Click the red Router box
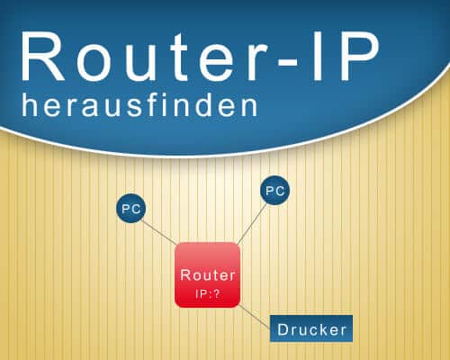click(207, 274)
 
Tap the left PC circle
click(131, 208)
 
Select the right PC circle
click(274, 191)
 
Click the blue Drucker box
click(311, 328)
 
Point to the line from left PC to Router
click(159, 233)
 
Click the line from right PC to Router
click(252, 224)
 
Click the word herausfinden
click(139, 105)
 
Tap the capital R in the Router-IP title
click(42, 56)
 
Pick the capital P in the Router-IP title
click(358, 56)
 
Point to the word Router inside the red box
click(208, 275)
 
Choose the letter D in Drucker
click(283, 329)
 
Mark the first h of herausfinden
click(30, 105)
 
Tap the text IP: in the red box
click(202, 294)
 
